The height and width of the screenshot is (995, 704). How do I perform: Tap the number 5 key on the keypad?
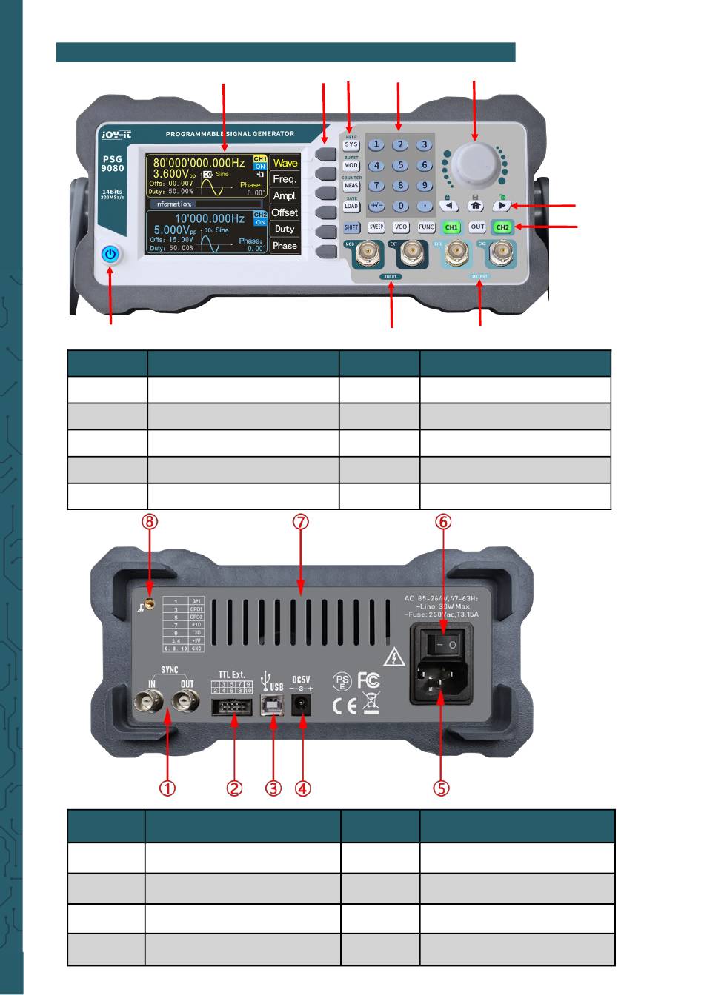click(x=400, y=166)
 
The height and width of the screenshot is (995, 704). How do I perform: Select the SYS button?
click(x=351, y=145)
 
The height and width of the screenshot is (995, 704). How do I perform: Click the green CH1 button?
click(x=451, y=227)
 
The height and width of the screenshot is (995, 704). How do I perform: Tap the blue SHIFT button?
click(x=351, y=227)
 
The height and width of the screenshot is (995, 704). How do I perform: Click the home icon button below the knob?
click(x=475, y=207)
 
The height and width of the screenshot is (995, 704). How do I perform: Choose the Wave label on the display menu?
click(x=285, y=163)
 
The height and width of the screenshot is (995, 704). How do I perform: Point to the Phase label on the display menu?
click(x=285, y=245)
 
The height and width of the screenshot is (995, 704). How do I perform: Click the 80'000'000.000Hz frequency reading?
click(x=199, y=163)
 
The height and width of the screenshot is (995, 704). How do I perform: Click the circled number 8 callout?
click(x=150, y=522)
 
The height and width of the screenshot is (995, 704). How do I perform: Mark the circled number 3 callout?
click(x=274, y=788)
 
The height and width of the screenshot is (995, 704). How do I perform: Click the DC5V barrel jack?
click(x=302, y=707)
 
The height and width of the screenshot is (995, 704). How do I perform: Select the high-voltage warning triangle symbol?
click(x=393, y=656)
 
